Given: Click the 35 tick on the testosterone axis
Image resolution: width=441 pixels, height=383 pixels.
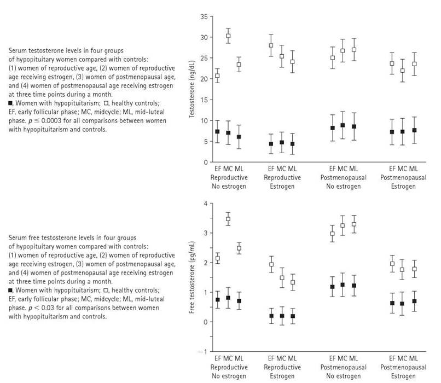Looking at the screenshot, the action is click(205, 16).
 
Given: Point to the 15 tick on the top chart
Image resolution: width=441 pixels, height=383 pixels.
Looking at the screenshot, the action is click(205, 100).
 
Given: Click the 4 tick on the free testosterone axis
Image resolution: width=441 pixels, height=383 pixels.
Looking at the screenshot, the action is click(206, 204).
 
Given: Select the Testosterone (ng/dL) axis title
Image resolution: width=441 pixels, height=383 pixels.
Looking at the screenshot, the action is click(192, 89).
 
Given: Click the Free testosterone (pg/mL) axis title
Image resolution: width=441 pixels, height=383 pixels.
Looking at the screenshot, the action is click(192, 277).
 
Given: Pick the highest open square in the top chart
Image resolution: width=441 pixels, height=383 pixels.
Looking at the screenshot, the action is click(228, 36).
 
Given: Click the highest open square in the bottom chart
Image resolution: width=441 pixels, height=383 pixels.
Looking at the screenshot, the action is click(228, 219).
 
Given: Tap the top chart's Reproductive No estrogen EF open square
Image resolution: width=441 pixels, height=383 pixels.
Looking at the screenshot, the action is click(217, 76).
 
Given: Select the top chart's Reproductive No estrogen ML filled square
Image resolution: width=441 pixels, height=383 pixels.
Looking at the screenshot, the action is click(239, 137).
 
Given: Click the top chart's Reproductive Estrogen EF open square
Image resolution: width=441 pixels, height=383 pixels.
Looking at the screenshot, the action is click(271, 45).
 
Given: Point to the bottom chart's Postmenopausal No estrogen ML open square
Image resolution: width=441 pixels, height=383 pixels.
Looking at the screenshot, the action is click(354, 224).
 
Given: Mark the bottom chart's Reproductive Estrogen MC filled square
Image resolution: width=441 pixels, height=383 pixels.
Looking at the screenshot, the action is click(282, 316).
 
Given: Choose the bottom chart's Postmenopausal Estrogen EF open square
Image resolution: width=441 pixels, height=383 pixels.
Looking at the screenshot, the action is click(392, 264).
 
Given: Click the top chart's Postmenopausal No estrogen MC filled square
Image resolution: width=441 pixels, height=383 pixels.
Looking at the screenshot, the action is click(343, 125).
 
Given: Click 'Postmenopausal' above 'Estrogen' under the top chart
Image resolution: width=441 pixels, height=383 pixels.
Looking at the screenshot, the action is click(403, 178).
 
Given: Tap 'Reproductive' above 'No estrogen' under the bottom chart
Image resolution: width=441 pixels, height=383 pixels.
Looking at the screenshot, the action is click(229, 367).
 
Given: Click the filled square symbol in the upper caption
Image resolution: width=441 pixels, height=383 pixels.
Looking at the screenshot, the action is click(10, 103).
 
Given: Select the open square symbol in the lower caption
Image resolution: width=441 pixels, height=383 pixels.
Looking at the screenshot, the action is click(106, 290).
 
